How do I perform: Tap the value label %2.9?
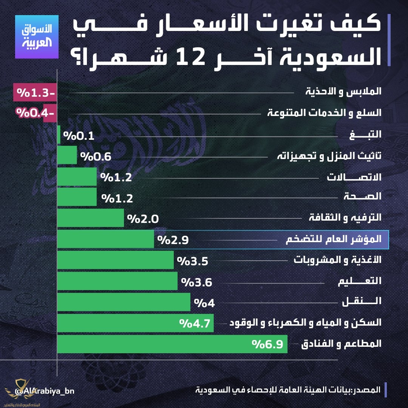173,240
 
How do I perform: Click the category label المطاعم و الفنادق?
341,344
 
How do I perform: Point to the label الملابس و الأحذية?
343,92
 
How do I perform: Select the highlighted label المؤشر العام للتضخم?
333,240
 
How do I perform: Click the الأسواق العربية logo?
36,37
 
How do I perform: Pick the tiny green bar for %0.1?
59,135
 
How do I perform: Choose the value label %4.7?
194,323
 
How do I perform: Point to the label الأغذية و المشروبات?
337,260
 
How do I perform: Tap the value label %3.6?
196,282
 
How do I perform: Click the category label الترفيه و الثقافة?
345,218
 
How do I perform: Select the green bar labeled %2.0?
90,218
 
